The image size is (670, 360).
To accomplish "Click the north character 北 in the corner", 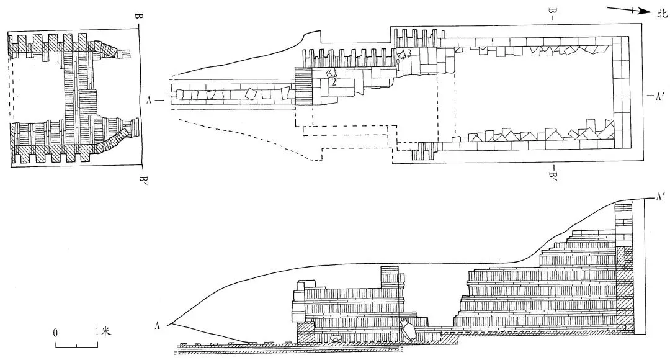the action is coord(661,14).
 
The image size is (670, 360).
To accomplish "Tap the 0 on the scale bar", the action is coord(56,333).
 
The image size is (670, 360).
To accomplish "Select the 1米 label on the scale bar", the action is coord(102,331).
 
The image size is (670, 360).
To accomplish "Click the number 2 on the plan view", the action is coord(333,82).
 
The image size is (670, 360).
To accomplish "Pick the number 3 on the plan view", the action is coord(409,54).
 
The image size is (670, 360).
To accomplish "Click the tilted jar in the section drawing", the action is coord(407,330).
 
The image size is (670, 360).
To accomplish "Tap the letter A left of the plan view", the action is coord(149,101).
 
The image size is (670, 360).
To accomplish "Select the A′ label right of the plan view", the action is coord(660,96).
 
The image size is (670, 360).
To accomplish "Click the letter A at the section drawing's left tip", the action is coord(157,326).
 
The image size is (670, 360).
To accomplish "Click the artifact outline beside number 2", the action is coord(331,73).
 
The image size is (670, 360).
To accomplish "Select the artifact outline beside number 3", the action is coord(401,53).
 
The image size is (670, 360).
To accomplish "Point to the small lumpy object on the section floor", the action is coord(336,339).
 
